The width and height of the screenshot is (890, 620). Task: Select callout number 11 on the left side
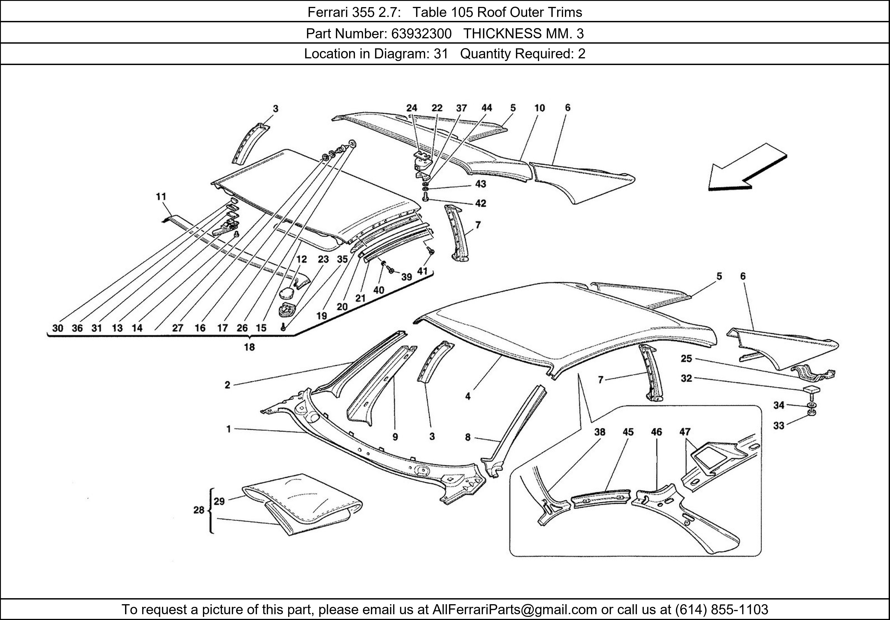pyautogui.click(x=161, y=197)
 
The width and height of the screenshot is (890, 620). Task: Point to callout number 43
pyautogui.click(x=480, y=184)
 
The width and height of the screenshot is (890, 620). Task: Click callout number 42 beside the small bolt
pyautogui.click(x=480, y=203)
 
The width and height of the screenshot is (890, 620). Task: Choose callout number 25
pyautogui.click(x=686, y=359)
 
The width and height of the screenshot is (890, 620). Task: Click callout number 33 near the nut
pyautogui.click(x=779, y=426)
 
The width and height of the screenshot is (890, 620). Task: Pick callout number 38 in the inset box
pyautogui.click(x=600, y=432)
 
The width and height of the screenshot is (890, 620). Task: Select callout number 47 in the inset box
pyautogui.click(x=685, y=432)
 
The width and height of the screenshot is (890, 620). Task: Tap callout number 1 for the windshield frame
pyautogui.click(x=229, y=429)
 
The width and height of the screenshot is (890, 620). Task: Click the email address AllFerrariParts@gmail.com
pyautogui.click(x=514, y=610)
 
